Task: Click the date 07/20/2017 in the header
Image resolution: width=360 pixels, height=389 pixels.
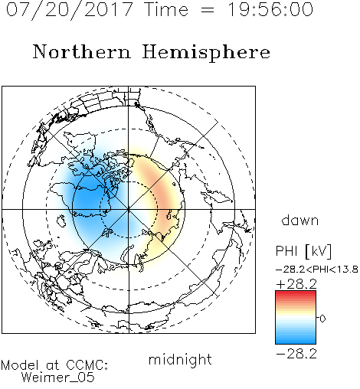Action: coord(69,10)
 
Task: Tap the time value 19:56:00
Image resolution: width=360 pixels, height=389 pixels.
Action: coord(270,10)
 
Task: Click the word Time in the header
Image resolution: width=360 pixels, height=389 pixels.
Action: coord(166,10)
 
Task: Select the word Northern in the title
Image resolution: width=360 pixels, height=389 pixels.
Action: coord(82,51)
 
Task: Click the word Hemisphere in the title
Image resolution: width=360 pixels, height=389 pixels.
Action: coord(206,52)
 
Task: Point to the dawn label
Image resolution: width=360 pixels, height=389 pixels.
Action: coord(300,221)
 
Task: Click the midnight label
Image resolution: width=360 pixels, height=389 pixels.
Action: coord(180,360)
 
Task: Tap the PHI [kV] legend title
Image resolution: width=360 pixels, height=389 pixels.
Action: coord(303,251)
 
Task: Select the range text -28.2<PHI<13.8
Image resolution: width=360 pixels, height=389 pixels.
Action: coord(317,270)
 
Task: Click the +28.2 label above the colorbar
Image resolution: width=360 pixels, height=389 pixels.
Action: coord(296,284)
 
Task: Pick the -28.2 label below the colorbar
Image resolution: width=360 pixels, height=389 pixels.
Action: coord(296,354)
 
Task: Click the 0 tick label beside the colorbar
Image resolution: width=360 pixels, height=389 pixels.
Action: coord(322,319)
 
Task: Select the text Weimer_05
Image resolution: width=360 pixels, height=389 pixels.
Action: coord(58,378)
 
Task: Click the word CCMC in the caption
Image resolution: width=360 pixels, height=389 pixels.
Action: coord(86,365)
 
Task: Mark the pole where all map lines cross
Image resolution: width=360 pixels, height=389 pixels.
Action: coord(129,209)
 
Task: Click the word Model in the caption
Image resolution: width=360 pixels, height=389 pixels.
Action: coord(20,365)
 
